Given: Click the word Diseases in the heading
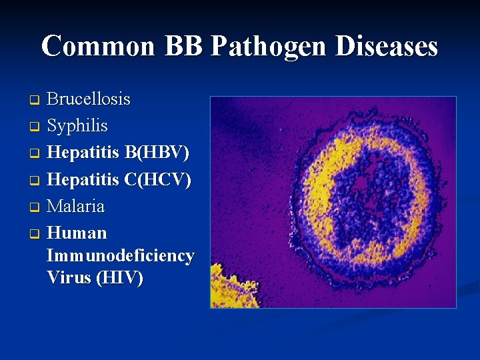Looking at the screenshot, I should pyautogui.click(x=388, y=47).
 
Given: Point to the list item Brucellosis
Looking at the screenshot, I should pyautogui.click(x=89, y=99).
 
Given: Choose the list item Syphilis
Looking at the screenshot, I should pyautogui.click(x=77, y=126).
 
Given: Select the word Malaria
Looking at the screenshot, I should pyautogui.click(x=76, y=206).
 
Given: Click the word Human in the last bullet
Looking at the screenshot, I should pyautogui.click(x=77, y=233).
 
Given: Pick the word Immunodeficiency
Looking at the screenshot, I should pyautogui.click(x=121, y=255).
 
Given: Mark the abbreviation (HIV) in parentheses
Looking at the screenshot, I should pyautogui.click(x=119, y=278).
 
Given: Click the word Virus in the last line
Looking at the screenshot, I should pyautogui.click(x=69, y=278).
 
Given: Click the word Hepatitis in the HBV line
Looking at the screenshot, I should pyautogui.click(x=84, y=153).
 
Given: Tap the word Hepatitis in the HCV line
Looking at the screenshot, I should pyautogui.click(x=84, y=179).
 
